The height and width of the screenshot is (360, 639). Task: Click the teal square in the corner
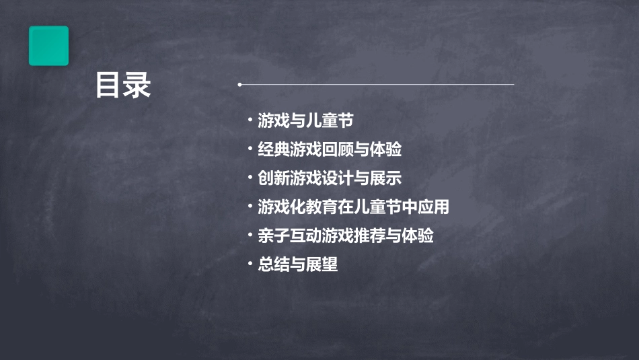(x=48, y=46)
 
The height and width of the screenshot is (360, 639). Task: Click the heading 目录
(x=123, y=86)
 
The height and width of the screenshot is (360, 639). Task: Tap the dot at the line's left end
(x=239, y=85)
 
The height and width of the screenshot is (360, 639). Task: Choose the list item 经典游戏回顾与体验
(x=330, y=149)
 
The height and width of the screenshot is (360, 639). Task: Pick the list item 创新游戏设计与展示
(x=330, y=178)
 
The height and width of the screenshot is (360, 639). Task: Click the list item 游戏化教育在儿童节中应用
(x=353, y=207)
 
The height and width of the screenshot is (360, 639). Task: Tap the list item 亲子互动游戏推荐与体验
(x=346, y=236)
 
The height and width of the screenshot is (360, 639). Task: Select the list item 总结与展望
(x=297, y=264)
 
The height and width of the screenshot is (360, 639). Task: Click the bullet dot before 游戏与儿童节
(x=250, y=121)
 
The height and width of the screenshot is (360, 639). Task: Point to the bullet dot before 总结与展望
(x=250, y=264)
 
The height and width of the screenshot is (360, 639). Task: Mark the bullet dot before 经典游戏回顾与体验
(x=250, y=149)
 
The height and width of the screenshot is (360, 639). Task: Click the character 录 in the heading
(x=138, y=86)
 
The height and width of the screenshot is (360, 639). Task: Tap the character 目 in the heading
(x=108, y=86)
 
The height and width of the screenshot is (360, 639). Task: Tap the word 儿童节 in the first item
(x=330, y=121)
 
